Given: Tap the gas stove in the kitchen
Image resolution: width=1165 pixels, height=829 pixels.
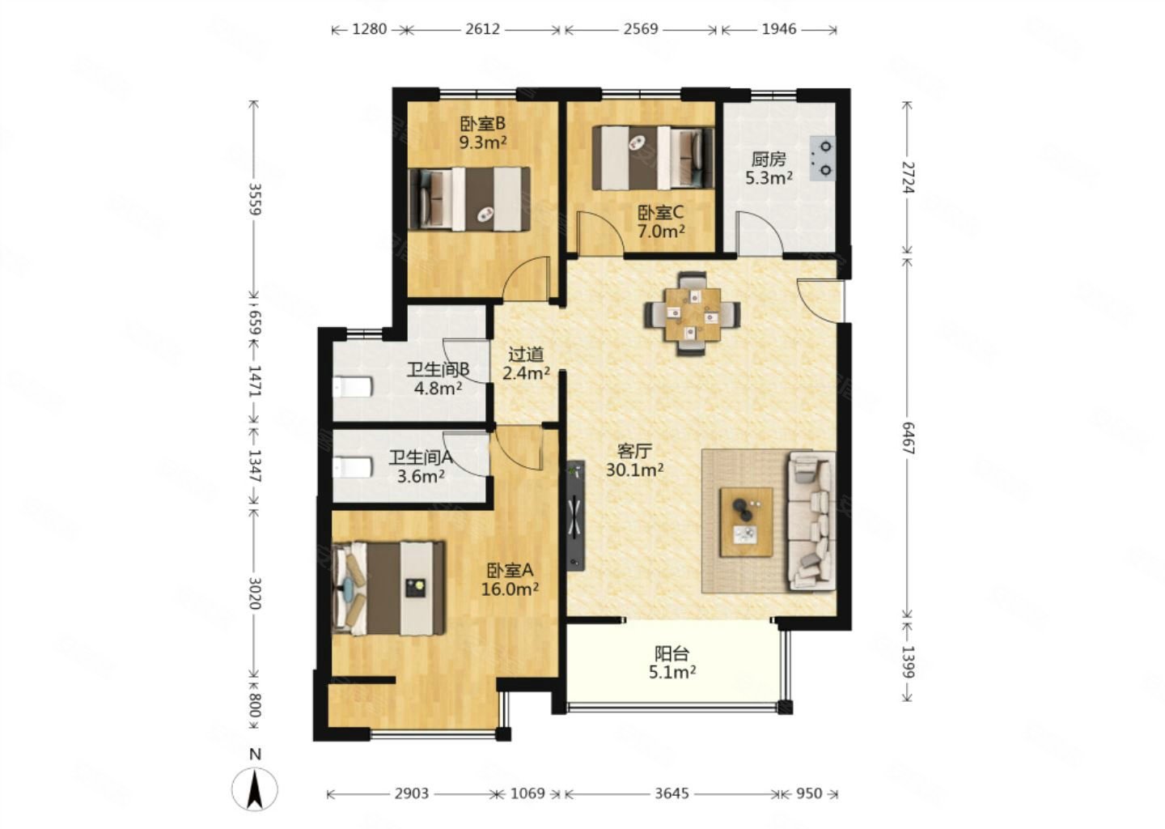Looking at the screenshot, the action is pos(822,158).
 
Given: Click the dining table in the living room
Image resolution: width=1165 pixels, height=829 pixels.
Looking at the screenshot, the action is pos(693,314).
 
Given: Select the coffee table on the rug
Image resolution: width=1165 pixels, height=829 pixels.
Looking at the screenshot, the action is pos(746,522).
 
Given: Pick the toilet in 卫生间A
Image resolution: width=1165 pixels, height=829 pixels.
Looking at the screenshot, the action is pos(353,467).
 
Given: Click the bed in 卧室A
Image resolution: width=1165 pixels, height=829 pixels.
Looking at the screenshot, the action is pos(388,588).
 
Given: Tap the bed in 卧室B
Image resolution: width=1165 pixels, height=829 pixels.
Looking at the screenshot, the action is pos(469,199).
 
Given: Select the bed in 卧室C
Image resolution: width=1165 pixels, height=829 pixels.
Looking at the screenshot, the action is pos(653,158).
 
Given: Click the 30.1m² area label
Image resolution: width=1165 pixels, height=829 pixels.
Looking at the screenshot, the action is pos(634,470).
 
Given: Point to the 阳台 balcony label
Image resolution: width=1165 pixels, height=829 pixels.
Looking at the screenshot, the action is pos(672,653).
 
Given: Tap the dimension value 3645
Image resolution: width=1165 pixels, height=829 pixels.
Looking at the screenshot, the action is pos(672,793).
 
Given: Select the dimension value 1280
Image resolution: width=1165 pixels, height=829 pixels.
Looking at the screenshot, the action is pos(370,29).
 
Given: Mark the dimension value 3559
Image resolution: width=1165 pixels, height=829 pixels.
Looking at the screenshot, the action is pos(254,199).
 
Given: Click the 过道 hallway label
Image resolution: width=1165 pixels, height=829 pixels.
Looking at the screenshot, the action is pos(526,355).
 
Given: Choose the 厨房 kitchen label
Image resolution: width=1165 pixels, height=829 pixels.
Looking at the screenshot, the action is pos(769,159).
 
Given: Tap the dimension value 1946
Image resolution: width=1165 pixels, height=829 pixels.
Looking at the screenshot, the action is pos(779,29).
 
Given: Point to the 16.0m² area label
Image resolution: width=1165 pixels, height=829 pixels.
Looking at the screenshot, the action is pos(510,589).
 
